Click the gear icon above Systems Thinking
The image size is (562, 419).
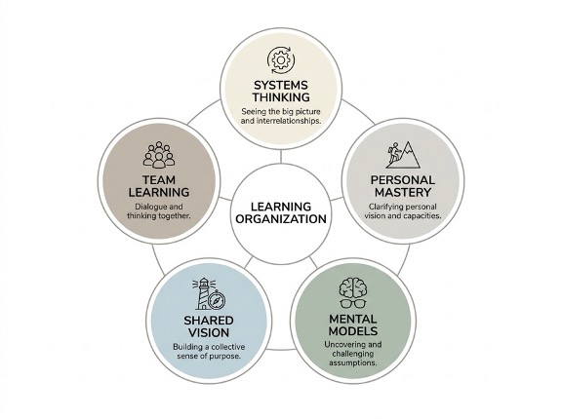click(281, 59)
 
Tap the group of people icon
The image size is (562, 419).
click(159, 155)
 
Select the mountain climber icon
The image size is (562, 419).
click(403, 155)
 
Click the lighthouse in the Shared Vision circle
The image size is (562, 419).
click(203, 293)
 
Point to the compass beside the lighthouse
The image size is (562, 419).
click(217, 300)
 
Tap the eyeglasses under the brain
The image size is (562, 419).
click(353, 304)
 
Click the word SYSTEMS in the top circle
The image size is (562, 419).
click(281, 85)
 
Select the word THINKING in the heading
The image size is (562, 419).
click(281, 97)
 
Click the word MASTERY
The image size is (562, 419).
click(403, 192)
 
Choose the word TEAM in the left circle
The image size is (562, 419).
click(159, 180)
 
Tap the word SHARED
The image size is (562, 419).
click(209, 321)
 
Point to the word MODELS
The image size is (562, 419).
click(353, 331)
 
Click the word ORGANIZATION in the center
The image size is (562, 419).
click(281, 218)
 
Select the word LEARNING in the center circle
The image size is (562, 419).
click(281, 207)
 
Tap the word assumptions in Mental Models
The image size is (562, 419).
click(352, 362)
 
